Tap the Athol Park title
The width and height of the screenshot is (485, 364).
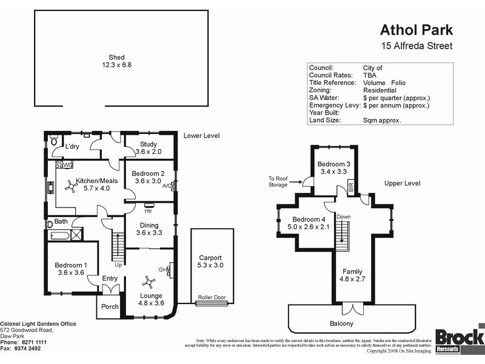[x=415, y=30]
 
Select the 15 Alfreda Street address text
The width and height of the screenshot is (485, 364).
[x=416, y=46]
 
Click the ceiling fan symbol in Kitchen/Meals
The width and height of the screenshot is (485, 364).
[x=71, y=189]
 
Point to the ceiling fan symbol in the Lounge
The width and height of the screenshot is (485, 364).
[x=149, y=281]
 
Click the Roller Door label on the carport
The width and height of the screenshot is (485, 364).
[x=212, y=298]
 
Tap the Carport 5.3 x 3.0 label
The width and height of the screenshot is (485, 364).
[x=210, y=261]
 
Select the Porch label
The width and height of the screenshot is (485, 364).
[x=110, y=306]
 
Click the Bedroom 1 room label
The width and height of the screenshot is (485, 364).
[x=71, y=269]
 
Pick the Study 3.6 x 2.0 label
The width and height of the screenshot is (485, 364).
[x=149, y=148]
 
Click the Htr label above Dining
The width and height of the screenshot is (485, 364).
[x=147, y=211]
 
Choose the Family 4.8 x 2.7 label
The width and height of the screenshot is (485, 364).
[x=352, y=275]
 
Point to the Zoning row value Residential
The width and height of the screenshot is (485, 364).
[x=380, y=90]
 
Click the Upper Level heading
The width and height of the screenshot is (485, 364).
[x=402, y=183]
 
